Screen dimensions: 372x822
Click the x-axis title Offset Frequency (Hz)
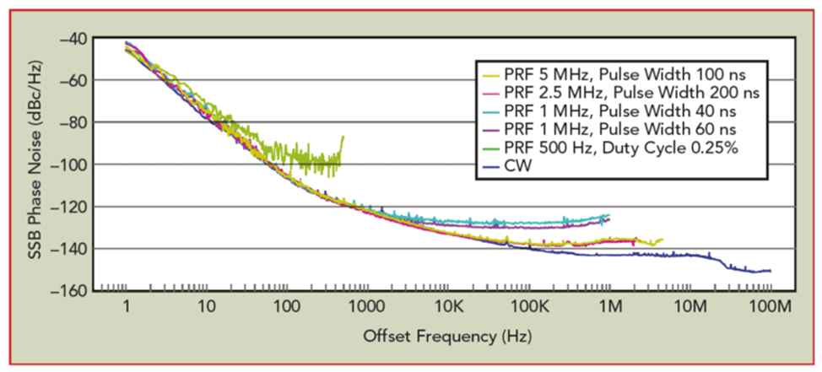tap(446, 336)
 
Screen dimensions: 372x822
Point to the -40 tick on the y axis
tap(78, 38)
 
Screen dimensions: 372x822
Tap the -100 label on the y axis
tap(74, 164)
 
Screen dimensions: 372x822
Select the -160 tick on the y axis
tap(74, 290)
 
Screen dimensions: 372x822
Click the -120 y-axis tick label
tap(74, 206)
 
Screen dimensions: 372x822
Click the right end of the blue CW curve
tap(770, 271)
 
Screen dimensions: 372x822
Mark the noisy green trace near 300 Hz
tap(326, 157)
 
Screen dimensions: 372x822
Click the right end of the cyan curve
tap(608, 215)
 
